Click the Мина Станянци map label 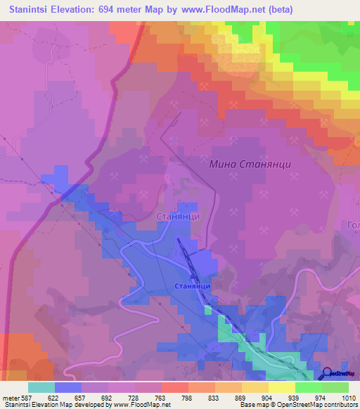pos(250,164)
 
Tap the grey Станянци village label pos(178,217)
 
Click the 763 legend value pos(162,398)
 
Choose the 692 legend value pos(108,398)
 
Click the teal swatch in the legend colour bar pos(41,387)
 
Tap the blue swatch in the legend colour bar pos(67,387)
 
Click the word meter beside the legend pos(10,398)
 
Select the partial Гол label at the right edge pos(352,225)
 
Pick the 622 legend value pos(55,398)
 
